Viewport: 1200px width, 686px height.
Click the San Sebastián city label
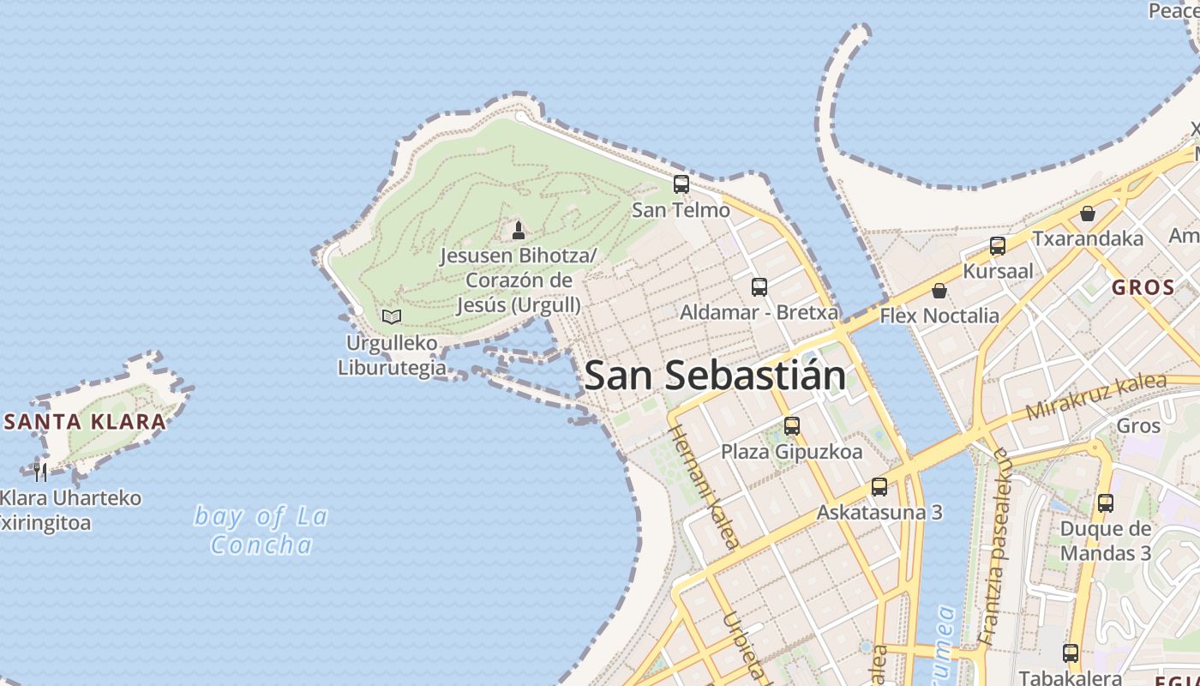(715, 376)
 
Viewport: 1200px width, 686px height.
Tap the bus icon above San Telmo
(681, 184)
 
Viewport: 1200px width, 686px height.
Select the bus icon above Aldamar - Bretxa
(759, 287)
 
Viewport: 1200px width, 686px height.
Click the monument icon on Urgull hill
(518, 231)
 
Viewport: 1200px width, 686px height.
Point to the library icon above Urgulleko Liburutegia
(392, 316)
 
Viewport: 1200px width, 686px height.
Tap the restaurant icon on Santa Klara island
(40, 472)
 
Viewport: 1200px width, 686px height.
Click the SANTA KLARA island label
(85, 422)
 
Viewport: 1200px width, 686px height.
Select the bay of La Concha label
(261, 530)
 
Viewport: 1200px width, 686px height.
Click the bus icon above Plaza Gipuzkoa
(792, 425)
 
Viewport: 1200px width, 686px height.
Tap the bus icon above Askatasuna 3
(879, 487)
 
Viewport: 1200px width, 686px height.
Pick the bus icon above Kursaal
(998, 246)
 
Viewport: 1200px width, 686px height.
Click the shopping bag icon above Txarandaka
(1088, 214)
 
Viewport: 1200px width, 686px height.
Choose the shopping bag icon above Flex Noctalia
(939, 291)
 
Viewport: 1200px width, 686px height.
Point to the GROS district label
(1143, 287)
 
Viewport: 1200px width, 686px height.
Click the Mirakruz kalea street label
(1096, 396)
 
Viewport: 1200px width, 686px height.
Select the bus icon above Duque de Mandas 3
(1106, 503)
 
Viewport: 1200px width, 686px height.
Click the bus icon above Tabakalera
(1071, 653)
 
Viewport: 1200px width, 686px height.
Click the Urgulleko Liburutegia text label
(392, 356)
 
